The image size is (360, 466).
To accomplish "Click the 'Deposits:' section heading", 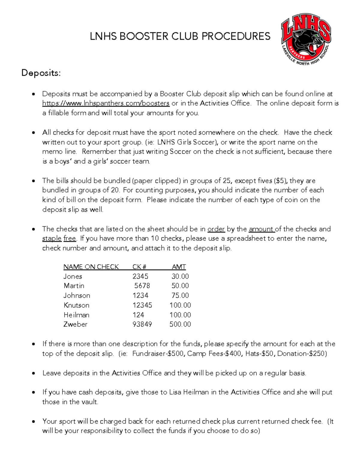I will coord(41,73).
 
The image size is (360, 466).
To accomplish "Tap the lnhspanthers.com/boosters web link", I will coord(106,103).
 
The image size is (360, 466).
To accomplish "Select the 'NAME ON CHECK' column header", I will coord(91,267).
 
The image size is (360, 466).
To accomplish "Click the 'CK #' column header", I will coord(139,267).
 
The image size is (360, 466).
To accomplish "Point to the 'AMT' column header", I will coord(179,267).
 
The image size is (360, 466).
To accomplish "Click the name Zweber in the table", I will coord(75,324).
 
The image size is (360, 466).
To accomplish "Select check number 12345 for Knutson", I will coord(142,305).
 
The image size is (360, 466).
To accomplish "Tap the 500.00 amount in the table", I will coord(180,324).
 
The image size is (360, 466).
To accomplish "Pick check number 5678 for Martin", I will coord(142,286).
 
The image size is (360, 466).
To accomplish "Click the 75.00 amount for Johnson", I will coord(180,296).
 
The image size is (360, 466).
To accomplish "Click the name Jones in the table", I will coord(73,276).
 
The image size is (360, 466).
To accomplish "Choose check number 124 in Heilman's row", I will coord(138,315).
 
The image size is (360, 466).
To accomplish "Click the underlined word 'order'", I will coord(216,229).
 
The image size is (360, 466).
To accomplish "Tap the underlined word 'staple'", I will coord(52,239).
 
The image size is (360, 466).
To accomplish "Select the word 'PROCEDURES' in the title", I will coord(236,36).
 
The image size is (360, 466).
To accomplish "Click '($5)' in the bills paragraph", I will coord(280,181).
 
